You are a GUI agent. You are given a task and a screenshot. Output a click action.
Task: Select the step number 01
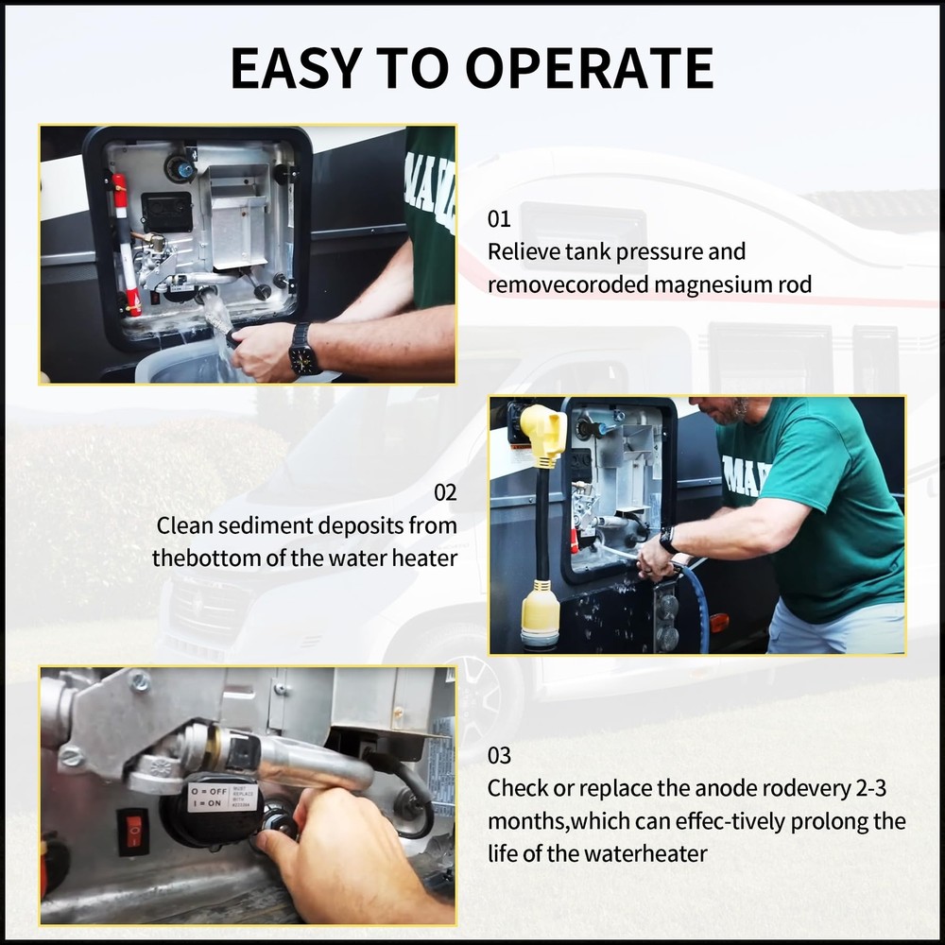tap(499, 219)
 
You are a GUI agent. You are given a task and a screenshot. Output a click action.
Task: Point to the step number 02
tap(445, 493)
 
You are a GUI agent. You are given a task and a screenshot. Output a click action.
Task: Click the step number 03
tap(499, 755)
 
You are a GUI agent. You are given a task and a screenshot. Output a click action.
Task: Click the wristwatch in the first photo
tap(303, 351)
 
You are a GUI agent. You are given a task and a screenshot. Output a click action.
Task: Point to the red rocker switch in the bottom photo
tap(133, 831)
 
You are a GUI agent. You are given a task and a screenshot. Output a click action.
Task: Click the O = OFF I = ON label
tap(209, 798)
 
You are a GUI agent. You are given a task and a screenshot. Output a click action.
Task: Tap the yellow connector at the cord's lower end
tap(540, 616)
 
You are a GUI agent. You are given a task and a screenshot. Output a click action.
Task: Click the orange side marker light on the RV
tap(719, 623)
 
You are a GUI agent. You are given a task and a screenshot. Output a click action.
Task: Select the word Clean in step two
tap(184, 525)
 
